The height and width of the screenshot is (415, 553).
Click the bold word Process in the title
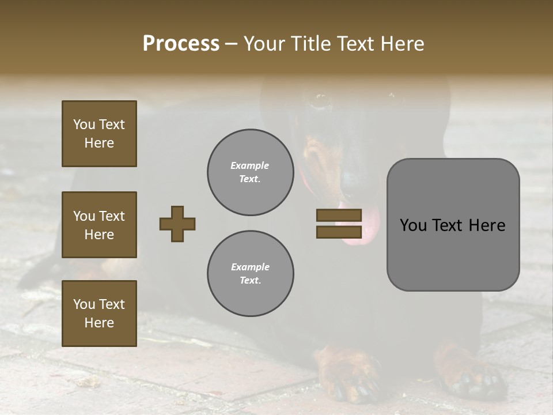tap(181, 44)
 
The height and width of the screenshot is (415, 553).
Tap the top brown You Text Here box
tap(99, 134)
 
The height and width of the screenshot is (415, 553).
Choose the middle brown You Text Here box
tap(99, 225)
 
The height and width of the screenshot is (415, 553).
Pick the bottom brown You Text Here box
tap(99, 314)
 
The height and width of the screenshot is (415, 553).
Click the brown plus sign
tap(177, 224)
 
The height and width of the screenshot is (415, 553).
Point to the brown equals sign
tap(339, 224)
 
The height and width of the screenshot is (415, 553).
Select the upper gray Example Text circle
tap(251, 172)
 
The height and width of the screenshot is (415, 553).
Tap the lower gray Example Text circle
tap(251, 274)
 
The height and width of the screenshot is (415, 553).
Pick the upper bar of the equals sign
tap(339, 216)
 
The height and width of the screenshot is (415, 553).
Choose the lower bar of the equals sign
tap(339, 232)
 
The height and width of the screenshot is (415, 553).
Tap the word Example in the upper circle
tap(249, 165)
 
